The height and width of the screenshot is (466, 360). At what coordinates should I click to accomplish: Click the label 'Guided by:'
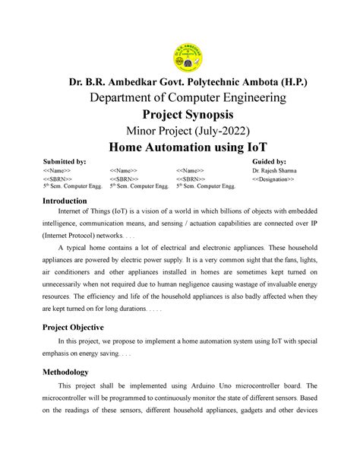coord(268,162)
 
